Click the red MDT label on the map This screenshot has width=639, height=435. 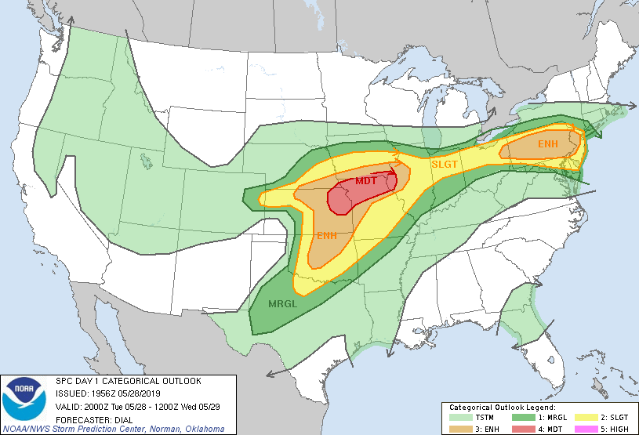point(366,181)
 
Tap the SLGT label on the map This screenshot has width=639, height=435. point(445,165)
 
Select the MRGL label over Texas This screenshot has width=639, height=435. point(281,303)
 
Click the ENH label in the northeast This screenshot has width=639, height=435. point(548,144)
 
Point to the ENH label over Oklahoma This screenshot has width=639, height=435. point(327,235)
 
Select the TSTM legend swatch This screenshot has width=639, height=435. point(457,418)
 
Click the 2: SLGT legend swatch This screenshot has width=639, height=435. point(581,418)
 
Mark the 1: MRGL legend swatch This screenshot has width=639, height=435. point(519,418)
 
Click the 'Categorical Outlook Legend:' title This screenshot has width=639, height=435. point(503,408)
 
